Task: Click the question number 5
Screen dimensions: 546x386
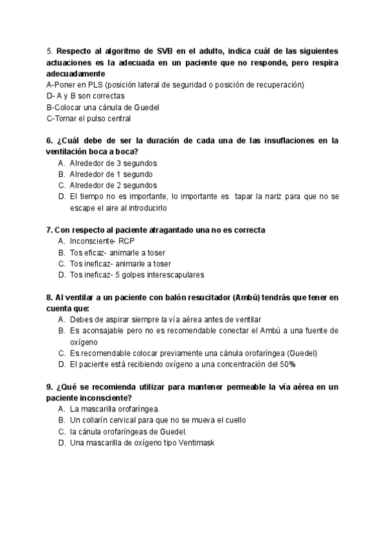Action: pos(50,50)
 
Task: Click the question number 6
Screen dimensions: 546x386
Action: pos(50,140)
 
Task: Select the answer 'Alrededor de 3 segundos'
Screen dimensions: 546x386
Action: pos(113,163)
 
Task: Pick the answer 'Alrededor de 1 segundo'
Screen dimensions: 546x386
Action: pos(111,174)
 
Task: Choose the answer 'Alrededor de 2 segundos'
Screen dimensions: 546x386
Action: pos(113,185)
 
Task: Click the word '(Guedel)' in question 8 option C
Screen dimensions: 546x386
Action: pos(302,353)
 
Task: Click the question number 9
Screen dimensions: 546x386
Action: pos(50,386)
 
